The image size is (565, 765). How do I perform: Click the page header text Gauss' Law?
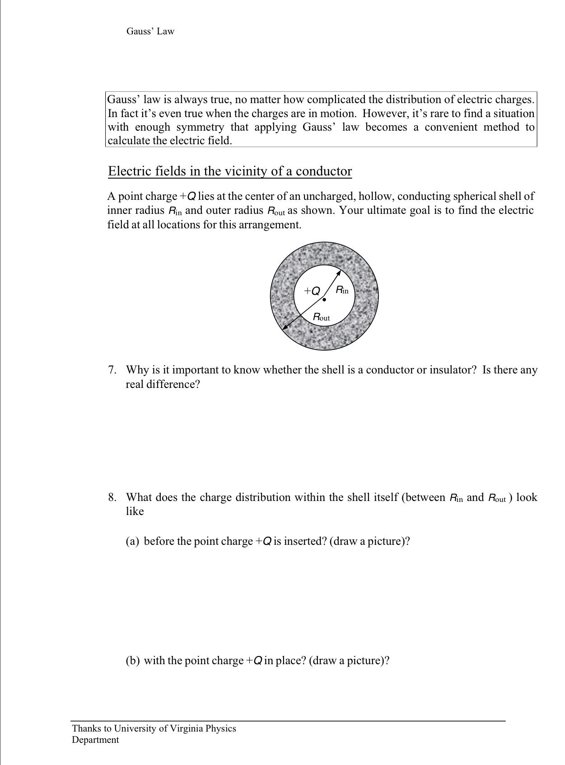[x=150, y=31]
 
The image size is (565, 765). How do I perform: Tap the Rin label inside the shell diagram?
[x=342, y=290]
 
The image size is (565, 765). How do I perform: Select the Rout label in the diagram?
[x=321, y=317]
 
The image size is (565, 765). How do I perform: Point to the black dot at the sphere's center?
[x=324, y=299]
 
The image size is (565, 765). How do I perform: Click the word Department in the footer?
[x=95, y=740]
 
